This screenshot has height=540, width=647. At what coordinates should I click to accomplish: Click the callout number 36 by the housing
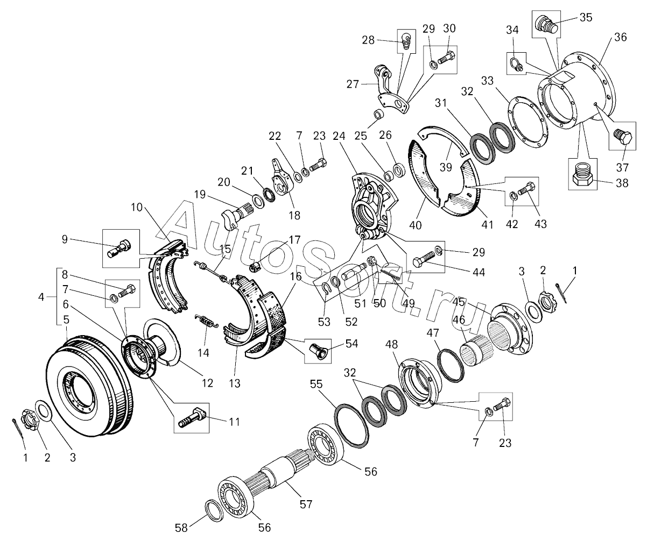pyautogui.click(x=620, y=38)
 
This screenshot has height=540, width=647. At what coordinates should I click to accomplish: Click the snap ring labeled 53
pyautogui.click(x=326, y=290)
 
